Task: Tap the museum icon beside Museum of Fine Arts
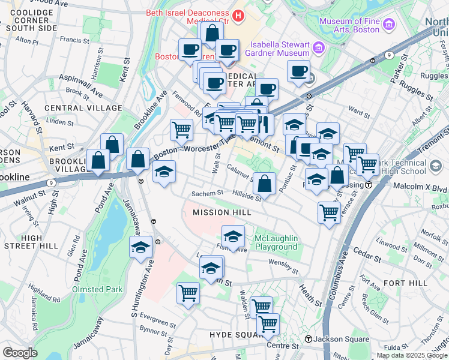(x=388, y=25)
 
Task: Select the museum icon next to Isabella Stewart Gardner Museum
(x=318, y=47)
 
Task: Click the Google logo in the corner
(x=20, y=353)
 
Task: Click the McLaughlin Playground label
(x=276, y=243)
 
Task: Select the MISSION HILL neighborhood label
(x=221, y=213)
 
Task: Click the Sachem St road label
(x=207, y=193)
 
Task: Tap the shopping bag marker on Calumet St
(x=264, y=183)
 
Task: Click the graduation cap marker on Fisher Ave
(x=233, y=236)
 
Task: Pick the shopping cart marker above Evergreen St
(x=188, y=293)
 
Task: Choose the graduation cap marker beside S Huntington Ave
(x=140, y=247)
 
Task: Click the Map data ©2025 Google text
(x=412, y=355)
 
